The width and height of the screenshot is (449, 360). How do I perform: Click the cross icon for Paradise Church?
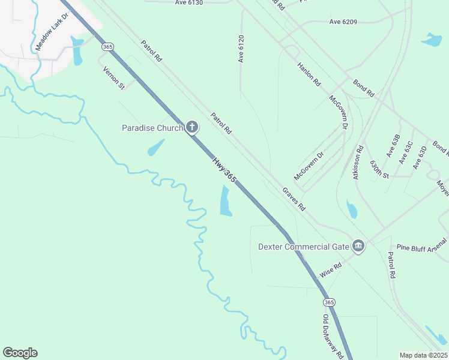tap(191, 127)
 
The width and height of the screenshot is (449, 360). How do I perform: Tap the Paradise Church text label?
tap(152, 127)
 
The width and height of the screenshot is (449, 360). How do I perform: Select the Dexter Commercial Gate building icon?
tap(358, 246)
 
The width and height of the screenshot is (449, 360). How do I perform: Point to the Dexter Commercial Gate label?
tap(303, 247)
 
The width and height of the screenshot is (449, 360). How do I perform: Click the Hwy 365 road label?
tap(224, 170)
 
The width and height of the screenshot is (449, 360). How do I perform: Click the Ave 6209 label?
tap(343, 22)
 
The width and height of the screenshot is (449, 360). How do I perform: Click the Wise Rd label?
tap(331, 269)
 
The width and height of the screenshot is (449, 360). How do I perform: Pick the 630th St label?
tap(380, 169)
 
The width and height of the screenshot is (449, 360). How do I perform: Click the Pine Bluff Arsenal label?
tap(422, 247)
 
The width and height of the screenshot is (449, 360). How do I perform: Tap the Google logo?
tap(20, 353)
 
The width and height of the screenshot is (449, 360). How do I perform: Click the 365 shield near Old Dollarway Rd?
tap(329, 302)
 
